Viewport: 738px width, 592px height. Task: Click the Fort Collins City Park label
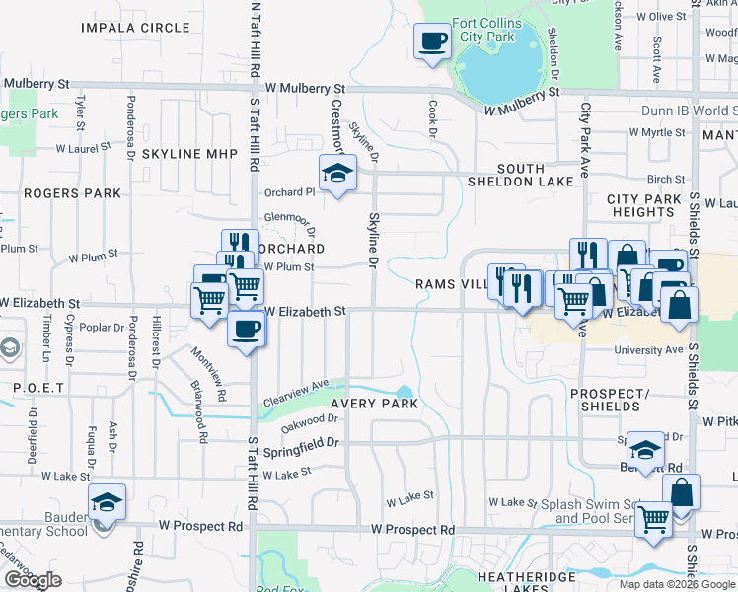(483, 30)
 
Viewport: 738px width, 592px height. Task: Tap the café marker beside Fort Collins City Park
(431, 42)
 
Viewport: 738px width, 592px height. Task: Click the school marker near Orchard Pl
(337, 173)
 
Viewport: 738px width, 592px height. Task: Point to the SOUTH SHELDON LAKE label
(534, 176)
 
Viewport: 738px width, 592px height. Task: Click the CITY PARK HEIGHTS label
(643, 205)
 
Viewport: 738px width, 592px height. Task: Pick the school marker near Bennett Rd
(644, 451)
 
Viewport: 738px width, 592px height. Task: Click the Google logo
(33, 580)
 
